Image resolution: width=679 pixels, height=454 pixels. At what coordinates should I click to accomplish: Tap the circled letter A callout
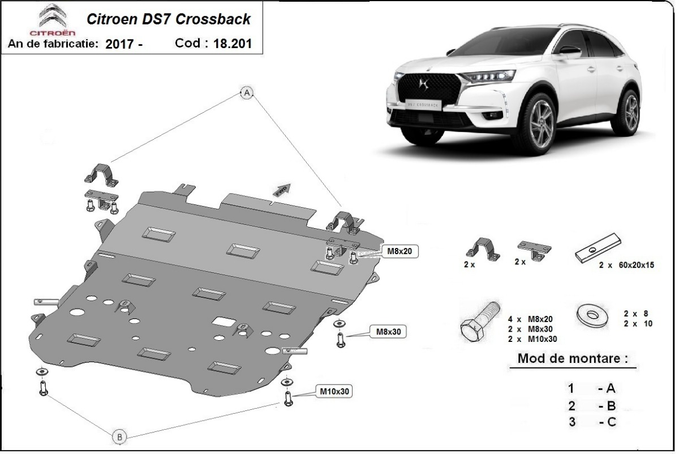(247, 94)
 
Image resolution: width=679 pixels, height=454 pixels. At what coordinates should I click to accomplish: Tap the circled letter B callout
(119, 436)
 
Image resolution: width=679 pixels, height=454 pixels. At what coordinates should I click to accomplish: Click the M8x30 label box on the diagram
(388, 332)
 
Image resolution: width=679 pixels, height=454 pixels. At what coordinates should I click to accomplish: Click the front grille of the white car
(427, 90)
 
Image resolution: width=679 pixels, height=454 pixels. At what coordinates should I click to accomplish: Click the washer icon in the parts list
(591, 314)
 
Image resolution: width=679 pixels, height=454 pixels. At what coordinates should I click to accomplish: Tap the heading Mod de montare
(573, 358)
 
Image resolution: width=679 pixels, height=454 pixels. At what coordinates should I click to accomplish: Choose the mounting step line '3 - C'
(591, 421)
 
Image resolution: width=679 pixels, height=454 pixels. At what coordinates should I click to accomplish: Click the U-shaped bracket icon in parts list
(483, 249)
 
